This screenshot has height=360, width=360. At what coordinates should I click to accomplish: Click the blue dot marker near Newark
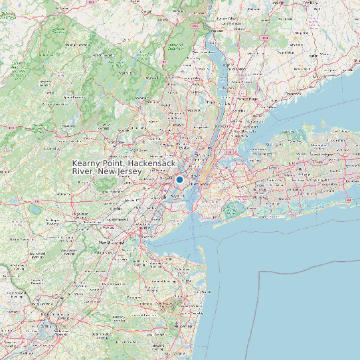coord(179,179)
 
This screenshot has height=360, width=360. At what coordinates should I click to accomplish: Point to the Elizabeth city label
coord(159,197)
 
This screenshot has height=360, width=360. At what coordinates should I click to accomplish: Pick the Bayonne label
coord(177,197)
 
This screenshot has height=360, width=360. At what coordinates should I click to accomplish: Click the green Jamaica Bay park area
coord(230,211)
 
